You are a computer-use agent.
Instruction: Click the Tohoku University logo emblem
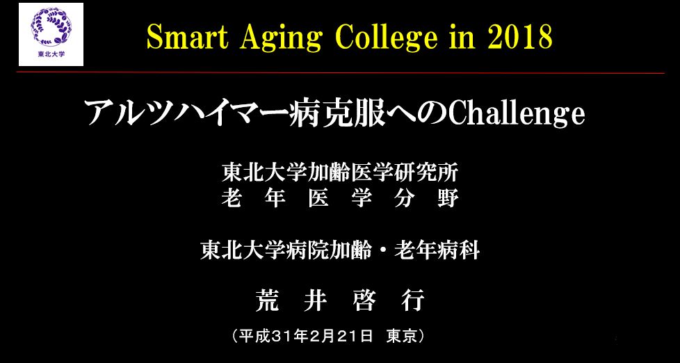click(51, 27)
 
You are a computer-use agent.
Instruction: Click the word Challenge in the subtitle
click(516, 115)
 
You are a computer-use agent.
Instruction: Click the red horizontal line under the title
click(341, 72)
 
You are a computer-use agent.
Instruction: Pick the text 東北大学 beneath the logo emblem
click(51, 55)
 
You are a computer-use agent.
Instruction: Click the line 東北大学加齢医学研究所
click(340, 174)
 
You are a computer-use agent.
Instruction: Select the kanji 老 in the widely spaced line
click(231, 199)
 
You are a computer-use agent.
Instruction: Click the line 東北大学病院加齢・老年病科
click(340, 251)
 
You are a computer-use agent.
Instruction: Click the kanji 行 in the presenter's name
click(412, 300)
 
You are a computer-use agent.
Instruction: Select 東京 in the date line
click(401, 337)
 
